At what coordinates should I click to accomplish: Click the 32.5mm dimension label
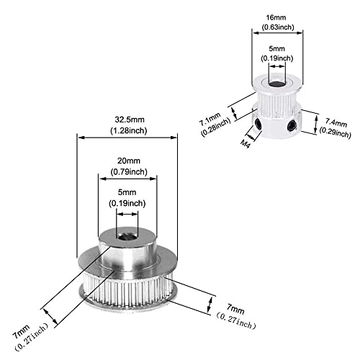(130, 120)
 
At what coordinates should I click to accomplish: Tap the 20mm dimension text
(129, 161)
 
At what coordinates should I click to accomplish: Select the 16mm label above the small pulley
(276, 17)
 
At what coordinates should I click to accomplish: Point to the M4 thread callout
(245, 144)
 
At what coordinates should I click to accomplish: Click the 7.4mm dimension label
(336, 122)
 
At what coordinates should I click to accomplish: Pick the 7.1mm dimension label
(210, 120)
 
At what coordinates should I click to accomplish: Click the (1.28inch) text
(129, 131)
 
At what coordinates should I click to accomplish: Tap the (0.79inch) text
(129, 172)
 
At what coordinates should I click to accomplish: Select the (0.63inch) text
(278, 27)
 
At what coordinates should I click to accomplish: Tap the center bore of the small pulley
(277, 84)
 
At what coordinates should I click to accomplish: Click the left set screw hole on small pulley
(258, 124)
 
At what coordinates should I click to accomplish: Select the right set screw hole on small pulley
(292, 125)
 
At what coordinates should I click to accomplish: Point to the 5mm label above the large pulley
(127, 192)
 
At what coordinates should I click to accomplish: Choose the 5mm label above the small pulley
(276, 49)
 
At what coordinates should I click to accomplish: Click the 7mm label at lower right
(235, 309)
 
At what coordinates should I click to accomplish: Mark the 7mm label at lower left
(21, 331)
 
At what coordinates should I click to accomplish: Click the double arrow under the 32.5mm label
(127, 138)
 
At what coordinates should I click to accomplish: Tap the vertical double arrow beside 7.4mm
(316, 125)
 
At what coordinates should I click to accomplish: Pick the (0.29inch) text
(335, 132)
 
